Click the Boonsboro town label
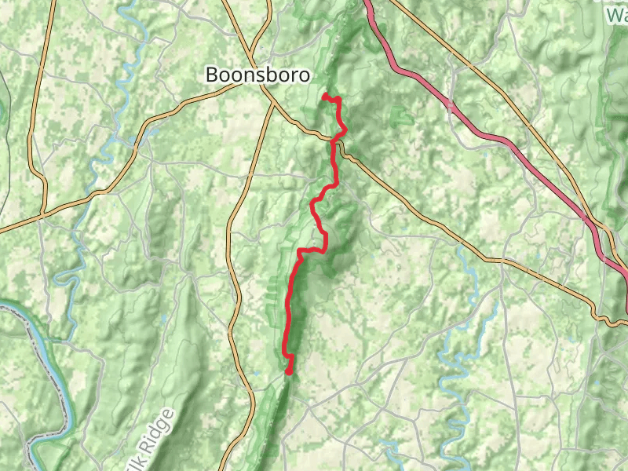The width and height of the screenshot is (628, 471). [257, 75]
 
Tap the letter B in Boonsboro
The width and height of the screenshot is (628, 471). [211, 75]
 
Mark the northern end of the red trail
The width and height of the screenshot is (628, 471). [325, 96]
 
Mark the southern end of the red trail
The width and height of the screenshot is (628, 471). [289, 372]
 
